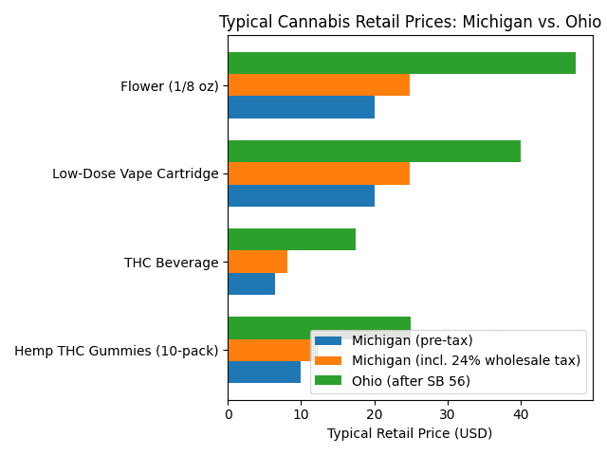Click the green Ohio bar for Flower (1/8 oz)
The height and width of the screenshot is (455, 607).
pos(401,64)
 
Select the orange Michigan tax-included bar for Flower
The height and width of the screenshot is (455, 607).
pos(319,85)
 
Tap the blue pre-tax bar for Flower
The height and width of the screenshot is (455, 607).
pos(301,107)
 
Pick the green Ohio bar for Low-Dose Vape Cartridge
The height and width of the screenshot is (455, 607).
pos(374,152)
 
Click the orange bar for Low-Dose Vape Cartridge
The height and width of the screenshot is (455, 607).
pos(319,173)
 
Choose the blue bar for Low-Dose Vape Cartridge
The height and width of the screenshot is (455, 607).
pos(301,195)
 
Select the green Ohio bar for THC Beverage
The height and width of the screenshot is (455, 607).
pos(291,240)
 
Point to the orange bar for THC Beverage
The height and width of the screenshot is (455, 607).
pos(257,262)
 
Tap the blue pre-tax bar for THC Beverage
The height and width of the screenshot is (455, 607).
pos(251,283)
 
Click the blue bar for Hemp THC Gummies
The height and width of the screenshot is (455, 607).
pos(264,372)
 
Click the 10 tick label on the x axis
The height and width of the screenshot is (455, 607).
pos(301,414)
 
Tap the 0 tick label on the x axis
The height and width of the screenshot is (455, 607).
pos(228,414)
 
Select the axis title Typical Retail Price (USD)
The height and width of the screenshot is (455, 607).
pos(410,433)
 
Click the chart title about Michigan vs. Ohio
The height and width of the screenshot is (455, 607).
pos(410,22)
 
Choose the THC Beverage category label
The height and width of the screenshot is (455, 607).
pos(172,263)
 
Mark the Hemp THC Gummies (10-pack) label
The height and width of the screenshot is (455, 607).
pos(117,351)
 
